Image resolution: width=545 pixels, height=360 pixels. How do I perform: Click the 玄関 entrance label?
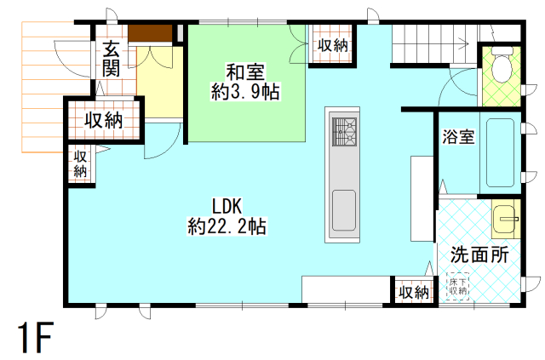tap(111, 59)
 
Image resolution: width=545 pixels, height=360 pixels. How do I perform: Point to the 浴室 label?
tap(458, 136)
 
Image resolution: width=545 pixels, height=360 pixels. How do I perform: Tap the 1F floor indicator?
tap(34, 340)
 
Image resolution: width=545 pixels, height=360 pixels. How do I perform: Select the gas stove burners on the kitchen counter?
tap(346, 130)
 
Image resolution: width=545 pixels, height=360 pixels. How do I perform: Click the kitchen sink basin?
tap(344, 209)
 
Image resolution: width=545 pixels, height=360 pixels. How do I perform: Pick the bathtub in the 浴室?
tap(500, 153)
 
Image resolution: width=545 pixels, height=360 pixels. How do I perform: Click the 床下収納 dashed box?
tap(458, 285)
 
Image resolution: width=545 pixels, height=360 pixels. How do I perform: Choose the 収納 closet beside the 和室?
tap(332, 44)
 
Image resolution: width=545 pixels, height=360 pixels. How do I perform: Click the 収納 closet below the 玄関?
tap(103, 120)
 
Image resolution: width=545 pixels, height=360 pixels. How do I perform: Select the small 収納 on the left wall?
tap(80, 163)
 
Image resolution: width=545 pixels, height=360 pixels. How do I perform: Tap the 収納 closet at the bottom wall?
tap(413, 292)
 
